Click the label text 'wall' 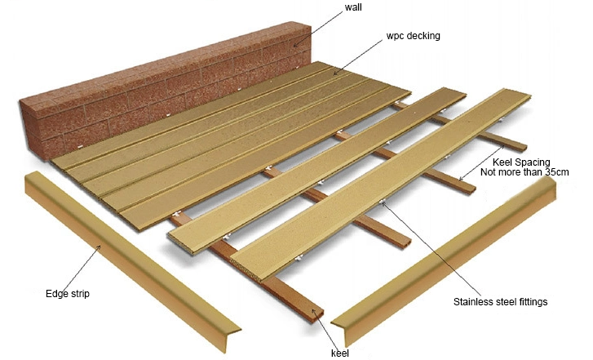coord(353,7)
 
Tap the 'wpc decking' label coord(413,36)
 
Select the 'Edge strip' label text coord(68,294)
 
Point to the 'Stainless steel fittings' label coord(500,302)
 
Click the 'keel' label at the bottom coord(340,353)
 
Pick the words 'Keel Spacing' coord(521,162)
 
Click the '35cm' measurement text coord(556,172)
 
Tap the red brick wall coord(166,89)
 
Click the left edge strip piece coord(132,261)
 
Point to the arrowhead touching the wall coord(296,46)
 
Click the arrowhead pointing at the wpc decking coord(335,73)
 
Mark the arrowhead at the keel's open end coord(313,311)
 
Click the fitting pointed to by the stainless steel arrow coord(382,201)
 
